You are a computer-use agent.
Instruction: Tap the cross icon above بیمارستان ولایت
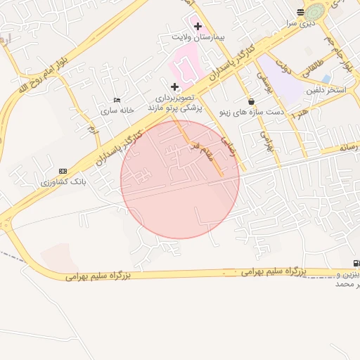(198, 26)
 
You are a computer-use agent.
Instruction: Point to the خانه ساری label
(117, 111)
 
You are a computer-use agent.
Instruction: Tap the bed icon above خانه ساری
(117, 100)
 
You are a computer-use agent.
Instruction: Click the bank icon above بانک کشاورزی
(63, 171)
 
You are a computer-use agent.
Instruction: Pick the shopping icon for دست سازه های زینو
(251, 102)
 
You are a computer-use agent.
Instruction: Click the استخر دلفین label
(326, 91)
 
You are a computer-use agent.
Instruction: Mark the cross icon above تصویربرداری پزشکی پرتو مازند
(175, 86)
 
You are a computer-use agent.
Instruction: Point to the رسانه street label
(349, 147)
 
